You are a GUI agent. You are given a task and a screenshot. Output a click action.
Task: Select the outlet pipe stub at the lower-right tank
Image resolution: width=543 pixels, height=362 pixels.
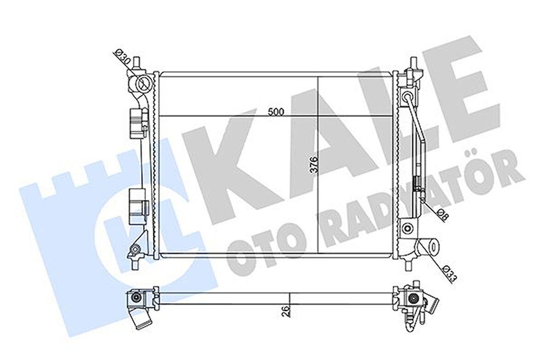(430, 246)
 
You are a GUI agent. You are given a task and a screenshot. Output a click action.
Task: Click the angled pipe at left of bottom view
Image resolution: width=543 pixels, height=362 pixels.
(142, 319)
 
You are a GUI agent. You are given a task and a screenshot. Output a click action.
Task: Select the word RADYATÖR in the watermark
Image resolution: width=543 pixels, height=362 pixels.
(414, 207)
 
